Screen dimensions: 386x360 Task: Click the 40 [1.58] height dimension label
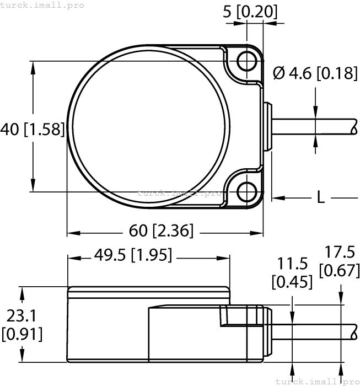pyautogui.click(x=32, y=130)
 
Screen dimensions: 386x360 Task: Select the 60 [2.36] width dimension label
pyautogui.click(x=162, y=230)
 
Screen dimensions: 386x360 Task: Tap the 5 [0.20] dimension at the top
pyautogui.click(x=250, y=11)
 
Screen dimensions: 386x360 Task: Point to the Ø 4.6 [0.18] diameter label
pyautogui.click(x=315, y=72)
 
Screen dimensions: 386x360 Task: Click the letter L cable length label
pyautogui.click(x=320, y=197)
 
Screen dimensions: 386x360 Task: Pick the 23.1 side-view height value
pyautogui.click(x=22, y=316)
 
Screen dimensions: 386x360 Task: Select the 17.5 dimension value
pyautogui.click(x=339, y=252)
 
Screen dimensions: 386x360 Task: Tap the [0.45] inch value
pyautogui.click(x=292, y=282)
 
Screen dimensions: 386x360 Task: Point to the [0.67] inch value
pyautogui.click(x=339, y=270)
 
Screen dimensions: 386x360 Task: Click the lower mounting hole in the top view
pyautogui.click(x=246, y=191)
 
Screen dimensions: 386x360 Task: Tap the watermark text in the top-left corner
pyautogui.click(x=42, y=5)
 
